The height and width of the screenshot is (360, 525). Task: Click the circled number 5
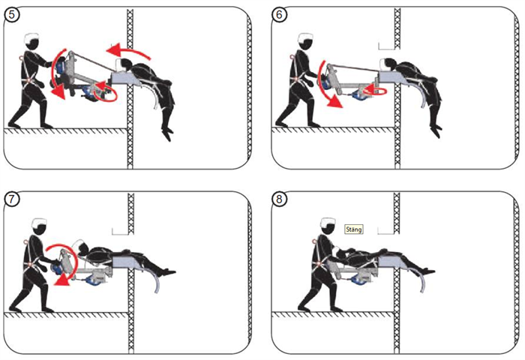point(12,15)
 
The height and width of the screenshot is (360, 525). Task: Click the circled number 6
point(280,15)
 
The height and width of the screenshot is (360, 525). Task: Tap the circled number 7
point(12,199)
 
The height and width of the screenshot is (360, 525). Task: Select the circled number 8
point(280,199)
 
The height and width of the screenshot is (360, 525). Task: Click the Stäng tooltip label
point(353,229)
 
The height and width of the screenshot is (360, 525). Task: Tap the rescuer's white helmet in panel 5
point(32,37)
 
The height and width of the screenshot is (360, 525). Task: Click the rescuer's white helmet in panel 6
point(305,37)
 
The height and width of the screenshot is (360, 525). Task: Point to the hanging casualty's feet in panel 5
point(167,133)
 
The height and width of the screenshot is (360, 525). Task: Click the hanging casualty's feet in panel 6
point(436,130)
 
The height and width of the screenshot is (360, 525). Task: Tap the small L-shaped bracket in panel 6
point(386,46)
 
